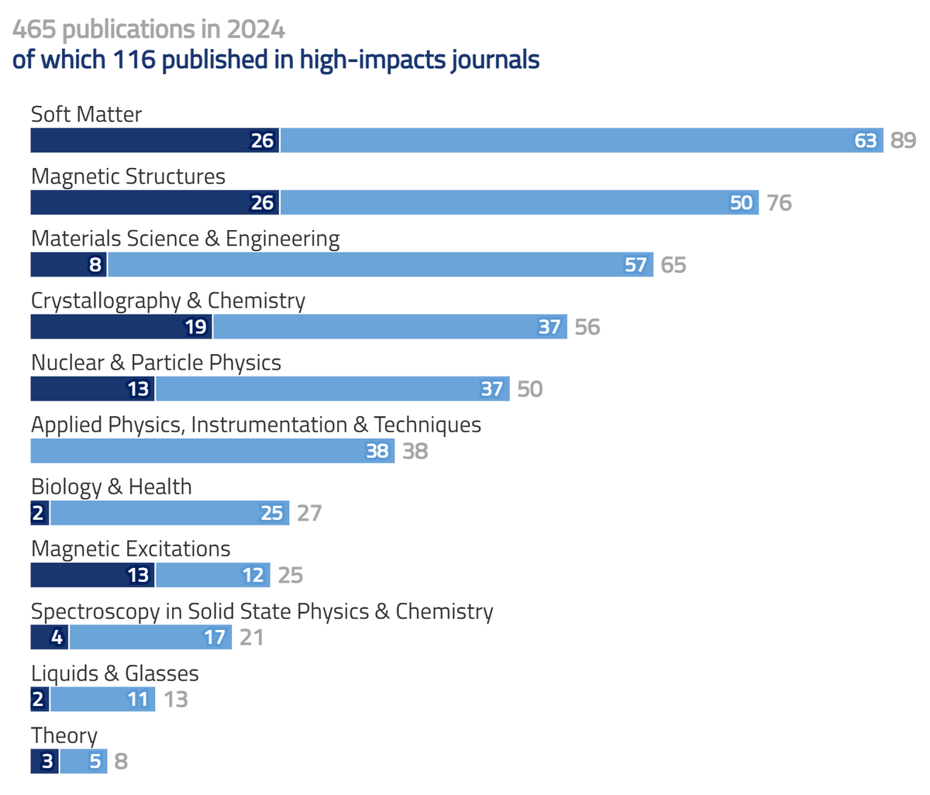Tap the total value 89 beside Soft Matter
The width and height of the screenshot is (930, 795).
tap(903, 140)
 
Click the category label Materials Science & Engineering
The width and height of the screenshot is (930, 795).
tap(185, 239)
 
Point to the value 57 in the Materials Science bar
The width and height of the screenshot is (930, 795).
tap(635, 265)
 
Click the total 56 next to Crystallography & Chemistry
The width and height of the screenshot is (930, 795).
tap(587, 327)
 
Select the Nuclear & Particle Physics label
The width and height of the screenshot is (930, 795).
tap(156, 363)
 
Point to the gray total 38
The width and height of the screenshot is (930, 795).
tap(415, 451)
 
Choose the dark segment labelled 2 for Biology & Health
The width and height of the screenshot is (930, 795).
tap(40, 513)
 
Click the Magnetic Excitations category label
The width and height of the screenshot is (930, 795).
tap(130, 549)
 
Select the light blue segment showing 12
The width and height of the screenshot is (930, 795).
tap(213, 575)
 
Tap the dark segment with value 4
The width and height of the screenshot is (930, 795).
tap(50, 637)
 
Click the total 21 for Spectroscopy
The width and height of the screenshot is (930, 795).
tap(251, 637)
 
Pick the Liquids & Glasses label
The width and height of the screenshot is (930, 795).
tap(115, 673)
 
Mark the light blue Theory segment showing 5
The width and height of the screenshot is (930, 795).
tap(84, 761)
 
